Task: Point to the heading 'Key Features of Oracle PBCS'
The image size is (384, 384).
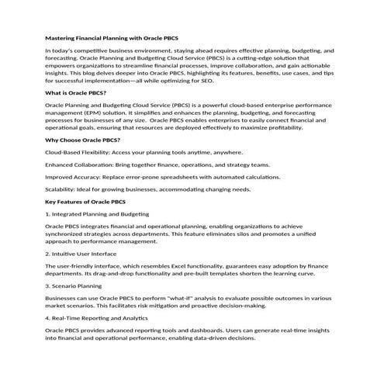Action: click(86, 202)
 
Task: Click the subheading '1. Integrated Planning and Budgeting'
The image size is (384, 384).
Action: click(98, 213)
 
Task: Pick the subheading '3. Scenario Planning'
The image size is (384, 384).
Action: click(74, 285)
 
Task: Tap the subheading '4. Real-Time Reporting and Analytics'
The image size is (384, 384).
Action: click(96, 318)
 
